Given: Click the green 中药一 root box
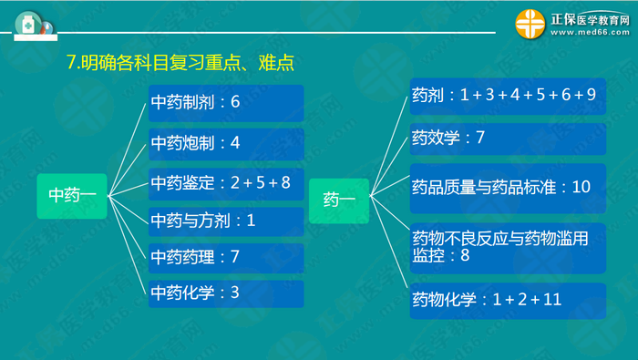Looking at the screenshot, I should pyautogui.click(x=72, y=195).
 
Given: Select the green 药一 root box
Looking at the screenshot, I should pyautogui.click(x=339, y=199).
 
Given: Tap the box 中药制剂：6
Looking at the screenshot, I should pyautogui.click(x=225, y=103).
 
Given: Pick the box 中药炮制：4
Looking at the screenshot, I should pyautogui.click(x=225, y=144).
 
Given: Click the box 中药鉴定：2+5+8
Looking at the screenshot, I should pyautogui.click(x=225, y=182).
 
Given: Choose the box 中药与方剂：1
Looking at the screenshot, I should pyautogui.click(x=225, y=220).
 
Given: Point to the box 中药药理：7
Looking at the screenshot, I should pyautogui.click(x=225, y=257).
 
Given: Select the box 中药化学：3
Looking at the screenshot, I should pyautogui.click(x=225, y=293).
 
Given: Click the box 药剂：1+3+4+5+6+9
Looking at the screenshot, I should pyautogui.click(x=507, y=95).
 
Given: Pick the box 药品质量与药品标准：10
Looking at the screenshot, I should pyautogui.click(x=507, y=188).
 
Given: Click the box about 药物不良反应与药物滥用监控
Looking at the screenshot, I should pyautogui.click(x=507, y=246).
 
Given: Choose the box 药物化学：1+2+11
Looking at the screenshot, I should pyautogui.click(x=507, y=300).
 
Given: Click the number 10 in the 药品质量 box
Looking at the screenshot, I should pyautogui.click(x=581, y=188).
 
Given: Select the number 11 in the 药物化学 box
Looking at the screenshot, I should pyautogui.click(x=551, y=300).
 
